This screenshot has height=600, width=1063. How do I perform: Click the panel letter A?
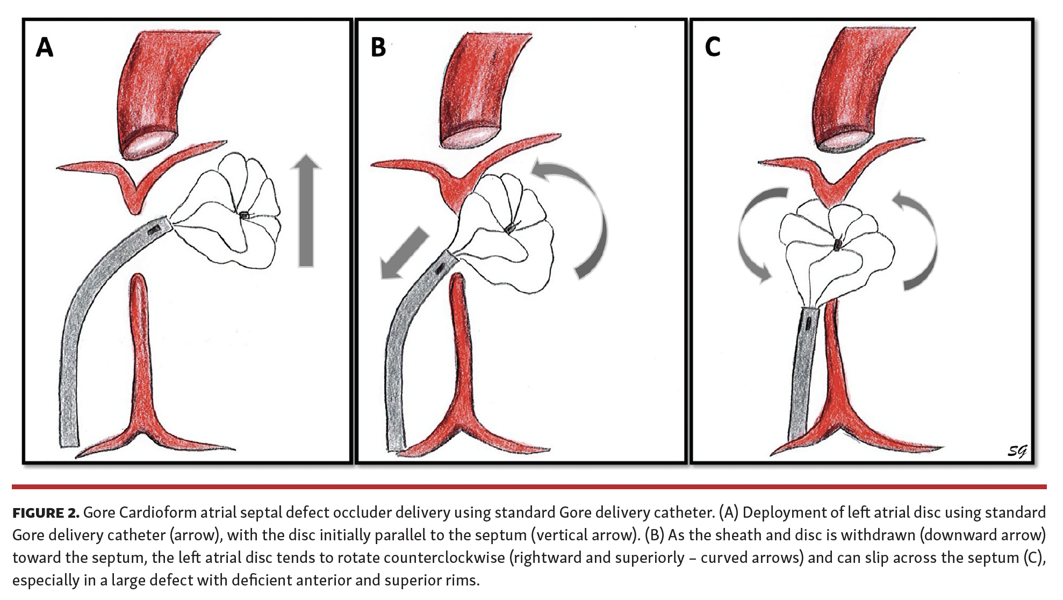point(45,47)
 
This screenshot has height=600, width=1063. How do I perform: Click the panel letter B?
point(378,47)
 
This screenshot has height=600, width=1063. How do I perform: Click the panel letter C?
point(713,47)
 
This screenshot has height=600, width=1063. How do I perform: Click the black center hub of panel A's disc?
point(245,215)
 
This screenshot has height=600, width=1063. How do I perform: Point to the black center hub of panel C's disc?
point(837,246)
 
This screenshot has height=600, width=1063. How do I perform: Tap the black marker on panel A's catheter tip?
point(154,230)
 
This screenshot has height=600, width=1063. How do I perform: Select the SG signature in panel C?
point(1016,451)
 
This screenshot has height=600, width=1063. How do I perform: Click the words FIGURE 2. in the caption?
point(46,513)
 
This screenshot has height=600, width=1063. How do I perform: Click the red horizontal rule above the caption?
point(529,487)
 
